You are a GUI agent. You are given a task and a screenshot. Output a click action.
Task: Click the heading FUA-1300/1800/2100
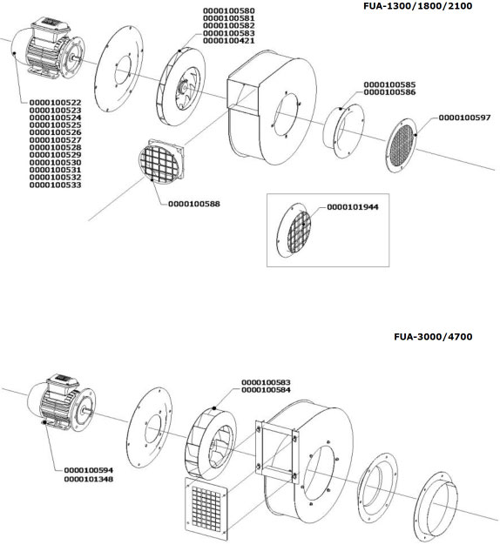[x=417, y=6]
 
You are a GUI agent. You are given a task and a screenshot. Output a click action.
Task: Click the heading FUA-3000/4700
[x=433, y=336]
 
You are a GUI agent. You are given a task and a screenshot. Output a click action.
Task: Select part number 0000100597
[x=464, y=118]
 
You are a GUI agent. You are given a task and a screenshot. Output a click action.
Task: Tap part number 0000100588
[x=194, y=204]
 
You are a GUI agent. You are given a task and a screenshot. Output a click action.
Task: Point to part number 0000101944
[x=353, y=207]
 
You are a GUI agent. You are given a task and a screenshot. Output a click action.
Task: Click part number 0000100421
[x=229, y=41]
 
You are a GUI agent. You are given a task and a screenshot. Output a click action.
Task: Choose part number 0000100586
[x=389, y=92]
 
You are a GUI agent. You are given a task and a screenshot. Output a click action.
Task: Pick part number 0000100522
[x=55, y=103]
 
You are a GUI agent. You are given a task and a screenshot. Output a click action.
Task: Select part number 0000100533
[x=55, y=185]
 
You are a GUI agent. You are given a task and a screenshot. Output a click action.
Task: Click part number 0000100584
[x=266, y=390]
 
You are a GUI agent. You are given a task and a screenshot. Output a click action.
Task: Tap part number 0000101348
[x=89, y=479]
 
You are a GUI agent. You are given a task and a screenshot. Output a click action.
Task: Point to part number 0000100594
[x=89, y=470]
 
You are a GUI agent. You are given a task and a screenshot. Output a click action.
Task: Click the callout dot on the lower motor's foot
[x=44, y=422]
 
